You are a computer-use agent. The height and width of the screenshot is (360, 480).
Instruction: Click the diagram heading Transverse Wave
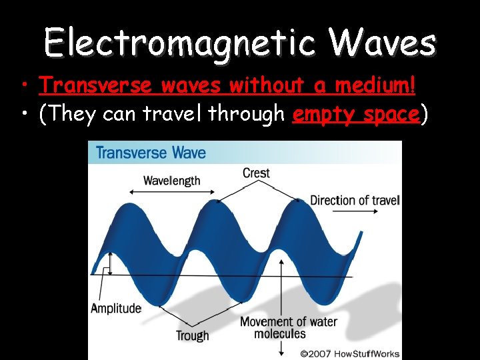pyautogui.click(x=151, y=153)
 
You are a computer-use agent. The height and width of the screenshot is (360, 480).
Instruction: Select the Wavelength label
pyautogui.click(x=171, y=181)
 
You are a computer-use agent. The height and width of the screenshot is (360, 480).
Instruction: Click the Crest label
pyautogui.click(x=256, y=173)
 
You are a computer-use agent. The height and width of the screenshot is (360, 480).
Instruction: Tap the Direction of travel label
pyautogui.click(x=354, y=200)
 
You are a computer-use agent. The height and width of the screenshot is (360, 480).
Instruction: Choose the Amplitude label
pyautogui.click(x=116, y=308)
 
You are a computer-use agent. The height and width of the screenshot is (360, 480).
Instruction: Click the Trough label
pyautogui.click(x=192, y=336)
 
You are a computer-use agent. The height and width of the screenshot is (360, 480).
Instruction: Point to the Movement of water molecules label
pyautogui.click(x=289, y=327)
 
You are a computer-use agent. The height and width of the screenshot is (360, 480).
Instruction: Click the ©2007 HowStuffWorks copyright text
pyautogui.click(x=349, y=353)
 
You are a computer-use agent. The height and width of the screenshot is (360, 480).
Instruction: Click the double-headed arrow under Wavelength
pyautogui.click(x=172, y=193)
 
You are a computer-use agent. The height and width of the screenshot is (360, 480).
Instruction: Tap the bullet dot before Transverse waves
pyautogui.click(x=23, y=86)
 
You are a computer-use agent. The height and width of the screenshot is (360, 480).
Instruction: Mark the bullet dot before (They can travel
pyautogui.click(x=23, y=115)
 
